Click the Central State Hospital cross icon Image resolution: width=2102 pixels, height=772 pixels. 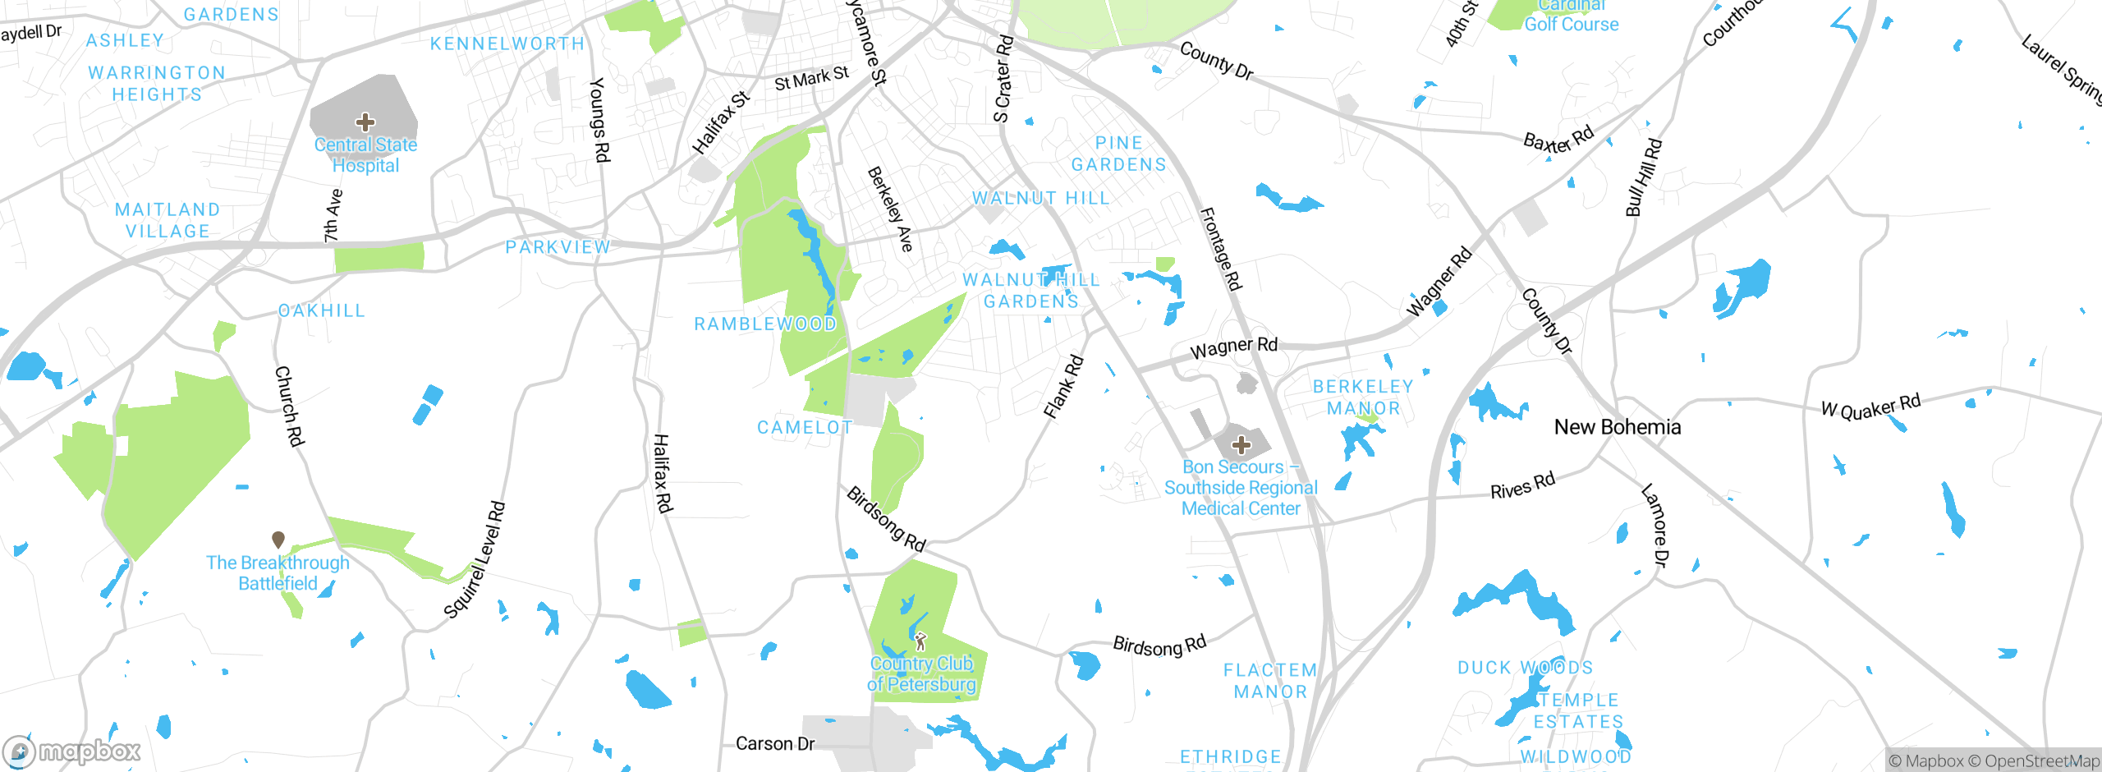tap(365, 123)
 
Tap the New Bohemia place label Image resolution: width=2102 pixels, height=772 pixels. tap(1617, 427)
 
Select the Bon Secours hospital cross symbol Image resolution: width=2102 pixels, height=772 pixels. tap(1241, 446)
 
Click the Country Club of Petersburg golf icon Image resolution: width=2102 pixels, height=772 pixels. tap(920, 641)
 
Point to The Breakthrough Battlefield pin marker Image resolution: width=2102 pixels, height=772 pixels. tap(278, 540)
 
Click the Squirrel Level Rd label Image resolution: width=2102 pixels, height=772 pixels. tap(475, 560)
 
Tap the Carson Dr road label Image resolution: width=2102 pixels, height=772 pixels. tap(774, 744)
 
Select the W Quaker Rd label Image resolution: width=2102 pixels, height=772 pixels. tap(1871, 407)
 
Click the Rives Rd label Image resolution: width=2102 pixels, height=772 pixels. tap(1522, 485)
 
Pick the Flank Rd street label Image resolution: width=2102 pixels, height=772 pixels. tap(1063, 387)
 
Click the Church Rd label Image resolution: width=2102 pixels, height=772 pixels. tap(289, 407)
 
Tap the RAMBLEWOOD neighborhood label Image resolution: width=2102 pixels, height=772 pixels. tap(765, 324)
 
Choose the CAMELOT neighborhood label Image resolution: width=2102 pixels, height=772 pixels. tap(805, 428)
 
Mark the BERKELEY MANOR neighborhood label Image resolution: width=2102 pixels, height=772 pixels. tap(1363, 397)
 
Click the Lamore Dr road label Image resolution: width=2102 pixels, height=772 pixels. tap(1655, 526)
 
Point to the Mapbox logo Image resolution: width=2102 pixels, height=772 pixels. tap(72, 751)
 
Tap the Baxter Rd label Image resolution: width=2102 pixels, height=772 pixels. tap(1558, 139)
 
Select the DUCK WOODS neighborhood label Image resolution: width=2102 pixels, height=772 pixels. tap(1525, 668)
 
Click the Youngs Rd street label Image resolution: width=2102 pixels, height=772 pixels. tap(600, 120)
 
